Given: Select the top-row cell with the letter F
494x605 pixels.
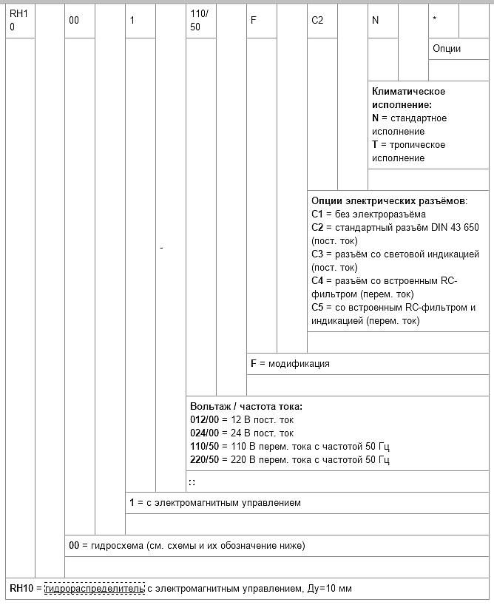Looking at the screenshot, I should [254, 21].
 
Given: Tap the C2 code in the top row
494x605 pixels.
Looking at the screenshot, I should [317, 21].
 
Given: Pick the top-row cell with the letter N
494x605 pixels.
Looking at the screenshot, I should [375, 21].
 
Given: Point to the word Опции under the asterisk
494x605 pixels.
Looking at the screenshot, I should [447, 49].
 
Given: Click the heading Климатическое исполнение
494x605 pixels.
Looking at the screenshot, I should [408, 98].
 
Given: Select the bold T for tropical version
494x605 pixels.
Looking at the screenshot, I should [375, 145].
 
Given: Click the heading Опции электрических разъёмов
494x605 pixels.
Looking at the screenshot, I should [389, 200].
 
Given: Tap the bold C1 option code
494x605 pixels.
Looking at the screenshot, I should [317, 214].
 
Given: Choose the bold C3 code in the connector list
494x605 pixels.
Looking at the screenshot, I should [317, 254].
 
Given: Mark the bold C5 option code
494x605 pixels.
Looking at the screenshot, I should [317, 308].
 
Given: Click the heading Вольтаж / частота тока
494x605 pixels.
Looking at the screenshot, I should [246, 407].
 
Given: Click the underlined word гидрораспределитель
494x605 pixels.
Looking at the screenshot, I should [94, 589].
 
